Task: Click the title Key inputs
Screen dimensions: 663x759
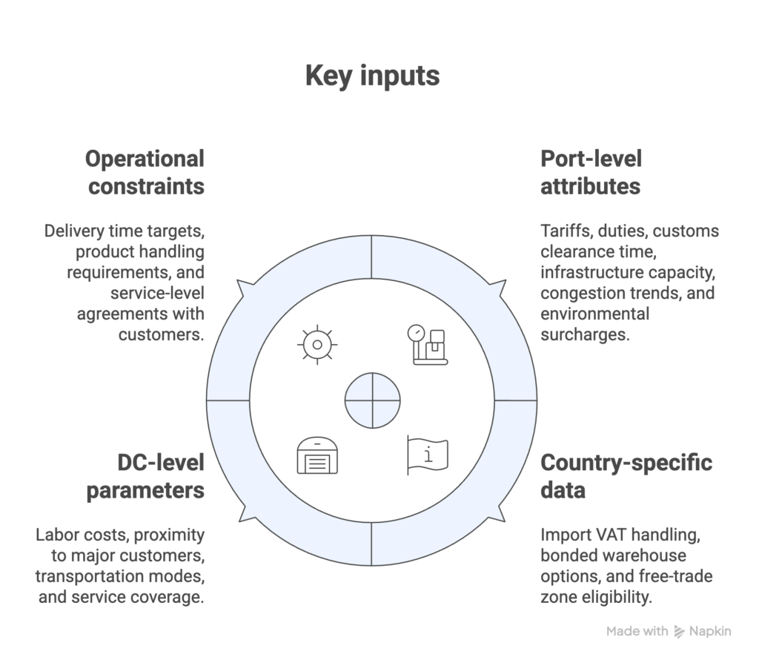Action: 372,76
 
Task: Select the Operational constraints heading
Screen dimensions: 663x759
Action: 145,171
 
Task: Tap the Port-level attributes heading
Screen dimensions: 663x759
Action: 591,171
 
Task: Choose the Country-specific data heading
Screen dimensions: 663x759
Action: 626,476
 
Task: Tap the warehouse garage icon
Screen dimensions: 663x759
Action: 316,455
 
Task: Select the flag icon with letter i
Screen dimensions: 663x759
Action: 428,455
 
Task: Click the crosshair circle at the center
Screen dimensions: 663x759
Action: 372,400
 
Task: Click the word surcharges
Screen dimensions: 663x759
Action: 585,334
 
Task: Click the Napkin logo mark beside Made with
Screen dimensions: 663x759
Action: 680,632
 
